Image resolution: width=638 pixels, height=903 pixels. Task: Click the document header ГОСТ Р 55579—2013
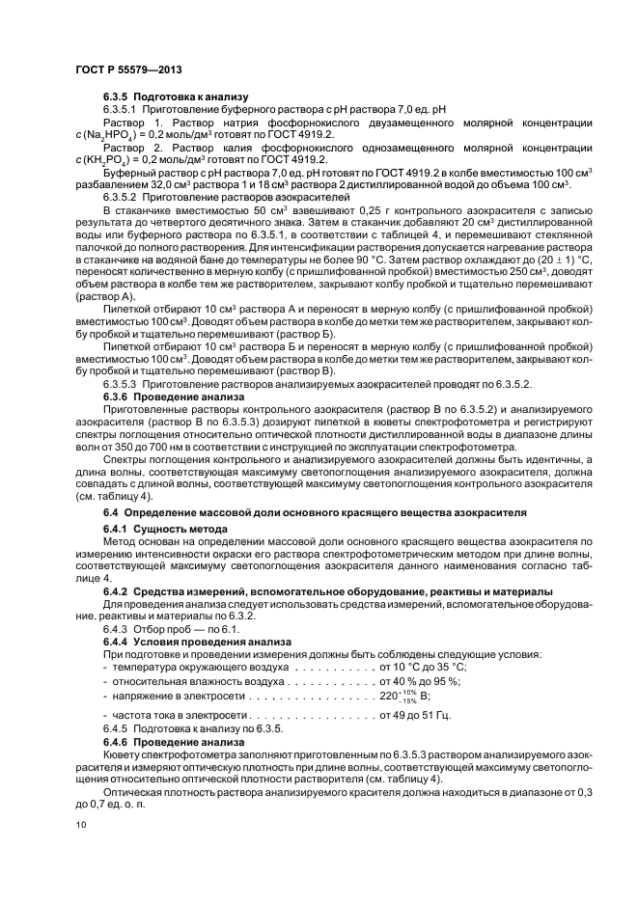click(x=128, y=69)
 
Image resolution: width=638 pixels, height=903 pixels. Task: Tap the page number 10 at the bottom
click(x=80, y=825)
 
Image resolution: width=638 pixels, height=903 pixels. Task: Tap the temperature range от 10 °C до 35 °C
click(x=425, y=667)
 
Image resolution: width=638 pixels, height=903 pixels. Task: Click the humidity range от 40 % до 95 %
click(x=422, y=681)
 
